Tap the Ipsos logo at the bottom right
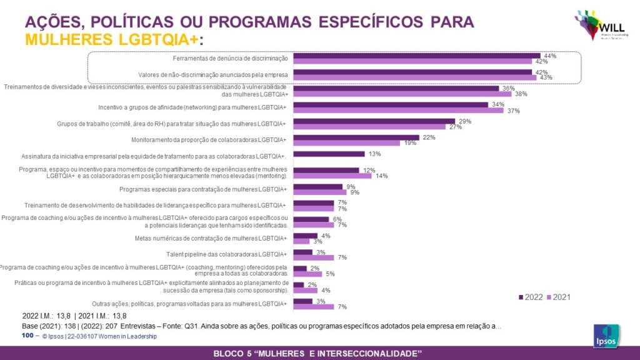pos(606,336)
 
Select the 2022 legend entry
pos(531,297)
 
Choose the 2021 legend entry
pos(558,297)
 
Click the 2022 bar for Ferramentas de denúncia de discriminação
pos(416,56)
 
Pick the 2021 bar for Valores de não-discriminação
pos(414,77)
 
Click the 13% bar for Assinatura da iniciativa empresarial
pos(329,154)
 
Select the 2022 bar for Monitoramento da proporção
pos(356,137)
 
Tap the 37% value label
pos(514,111)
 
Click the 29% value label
pos(465,121)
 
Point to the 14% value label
pos(381,176)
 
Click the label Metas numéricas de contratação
pos(211,238)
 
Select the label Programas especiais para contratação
pos(202,189)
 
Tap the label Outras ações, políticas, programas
pos(189,304)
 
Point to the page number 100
pos(27,336)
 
